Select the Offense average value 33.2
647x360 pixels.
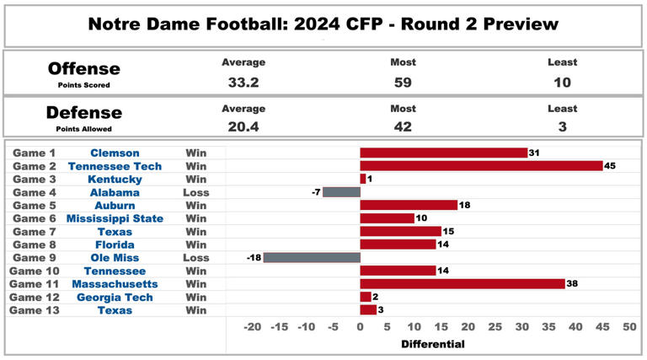pos(243,83)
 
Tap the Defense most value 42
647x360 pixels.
pos(403,127)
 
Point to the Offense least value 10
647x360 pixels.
pos(562,83)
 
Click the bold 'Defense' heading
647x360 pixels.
pos(83,113)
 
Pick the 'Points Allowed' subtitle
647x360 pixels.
pos(83,128)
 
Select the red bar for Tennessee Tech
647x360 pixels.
pos(481,166)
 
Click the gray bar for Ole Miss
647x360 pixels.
pos(312,257)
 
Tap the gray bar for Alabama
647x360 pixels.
pos(341,192)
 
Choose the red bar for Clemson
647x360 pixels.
pos(443,153)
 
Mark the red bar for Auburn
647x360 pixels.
pos(409,205)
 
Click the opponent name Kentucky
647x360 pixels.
pos(115,179)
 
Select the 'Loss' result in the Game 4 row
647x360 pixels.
pos(195,192)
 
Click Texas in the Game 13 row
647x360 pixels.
pos(115,310)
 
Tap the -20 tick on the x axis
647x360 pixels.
pos(251,327)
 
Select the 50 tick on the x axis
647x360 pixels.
pos(629,327)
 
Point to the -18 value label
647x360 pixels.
pos(253,257)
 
